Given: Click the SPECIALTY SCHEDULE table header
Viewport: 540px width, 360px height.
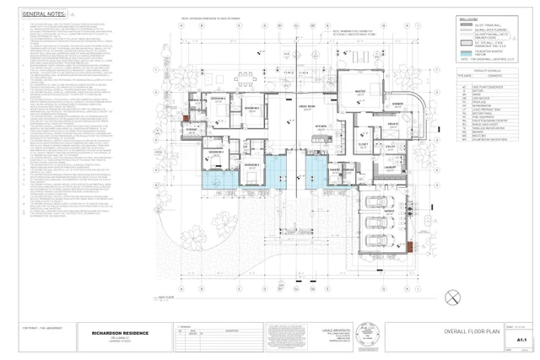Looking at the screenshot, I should (x=477, y=72).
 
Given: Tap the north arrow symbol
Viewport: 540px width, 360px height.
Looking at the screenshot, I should (x=453, y=297).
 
